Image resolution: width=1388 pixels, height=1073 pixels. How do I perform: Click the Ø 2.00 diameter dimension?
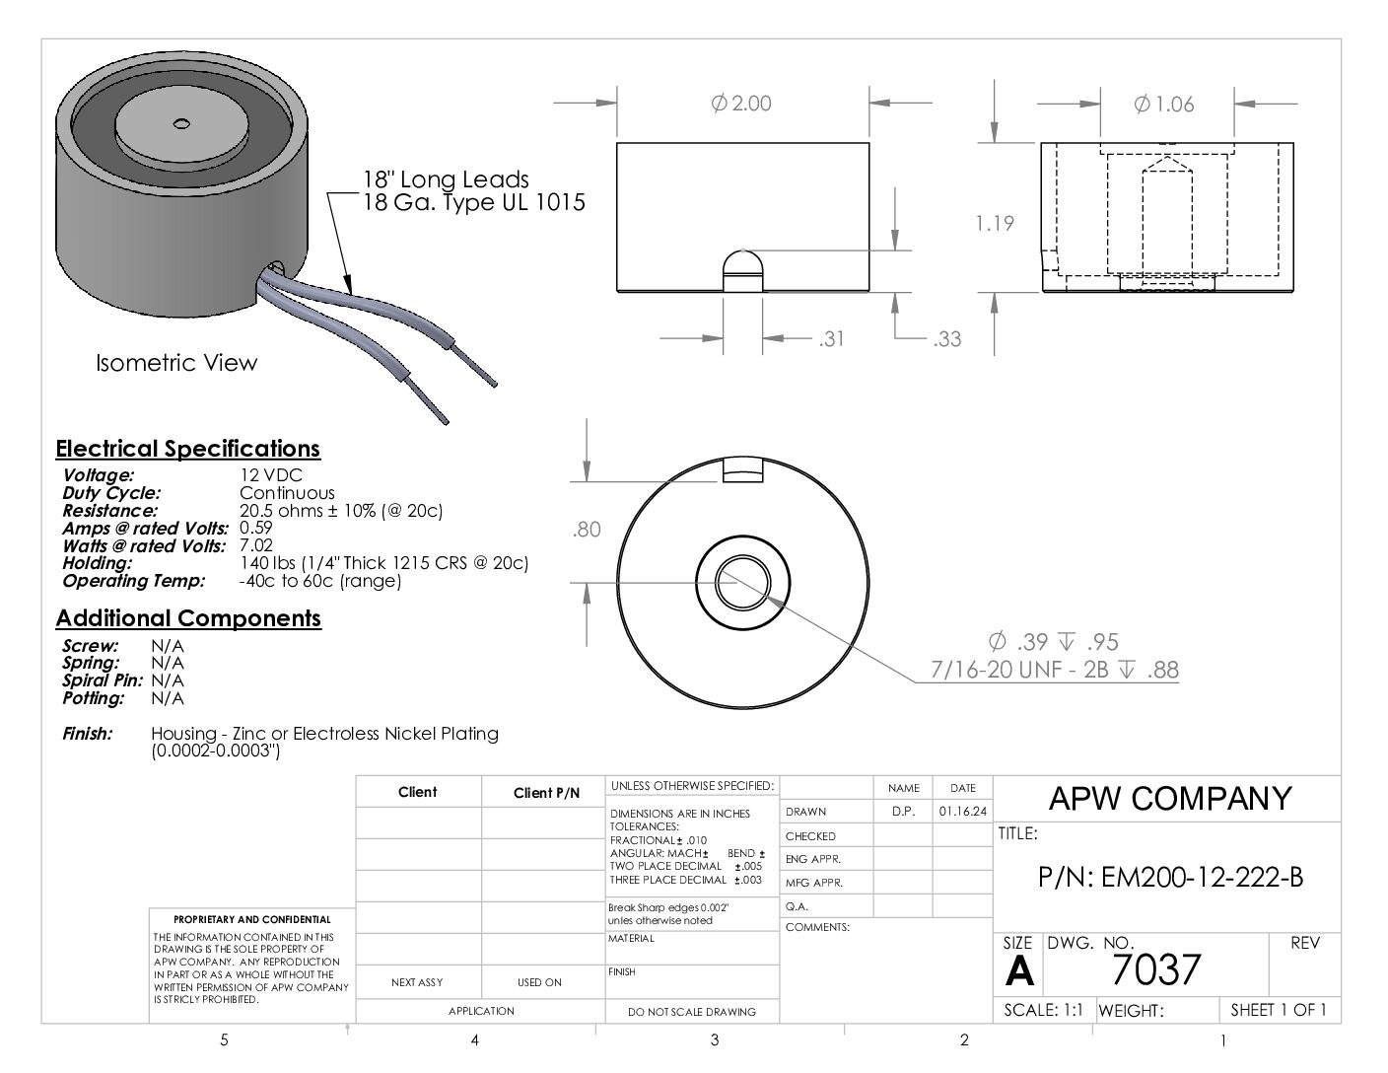741,103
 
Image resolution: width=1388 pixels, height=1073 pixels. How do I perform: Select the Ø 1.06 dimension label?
1163,105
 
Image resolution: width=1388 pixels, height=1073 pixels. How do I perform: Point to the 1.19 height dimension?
995,223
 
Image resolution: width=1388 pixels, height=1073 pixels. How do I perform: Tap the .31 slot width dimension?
831,338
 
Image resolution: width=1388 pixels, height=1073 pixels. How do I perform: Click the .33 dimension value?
946,338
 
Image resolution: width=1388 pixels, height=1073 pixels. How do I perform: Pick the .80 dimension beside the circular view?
587,530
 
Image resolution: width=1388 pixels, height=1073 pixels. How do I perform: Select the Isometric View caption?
176,363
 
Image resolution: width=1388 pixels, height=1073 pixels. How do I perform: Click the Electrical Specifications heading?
187,449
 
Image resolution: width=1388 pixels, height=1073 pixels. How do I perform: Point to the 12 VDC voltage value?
271,474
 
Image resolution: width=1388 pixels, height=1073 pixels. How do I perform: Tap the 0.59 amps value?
255,528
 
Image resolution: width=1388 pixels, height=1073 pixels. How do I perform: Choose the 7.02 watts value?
255,545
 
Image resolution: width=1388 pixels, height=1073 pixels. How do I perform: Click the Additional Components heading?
188,618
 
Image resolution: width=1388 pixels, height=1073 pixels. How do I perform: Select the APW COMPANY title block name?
1170,798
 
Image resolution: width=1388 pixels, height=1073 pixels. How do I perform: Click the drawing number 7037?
1156,969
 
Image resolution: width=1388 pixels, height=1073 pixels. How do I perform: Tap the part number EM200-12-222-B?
1170,878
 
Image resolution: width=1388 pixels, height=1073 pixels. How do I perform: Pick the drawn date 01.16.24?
962,812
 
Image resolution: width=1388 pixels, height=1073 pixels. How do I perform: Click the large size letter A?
1018,971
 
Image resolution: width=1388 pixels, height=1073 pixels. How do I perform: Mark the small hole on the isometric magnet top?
181,122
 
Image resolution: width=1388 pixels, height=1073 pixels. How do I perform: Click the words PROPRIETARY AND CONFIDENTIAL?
252,919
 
